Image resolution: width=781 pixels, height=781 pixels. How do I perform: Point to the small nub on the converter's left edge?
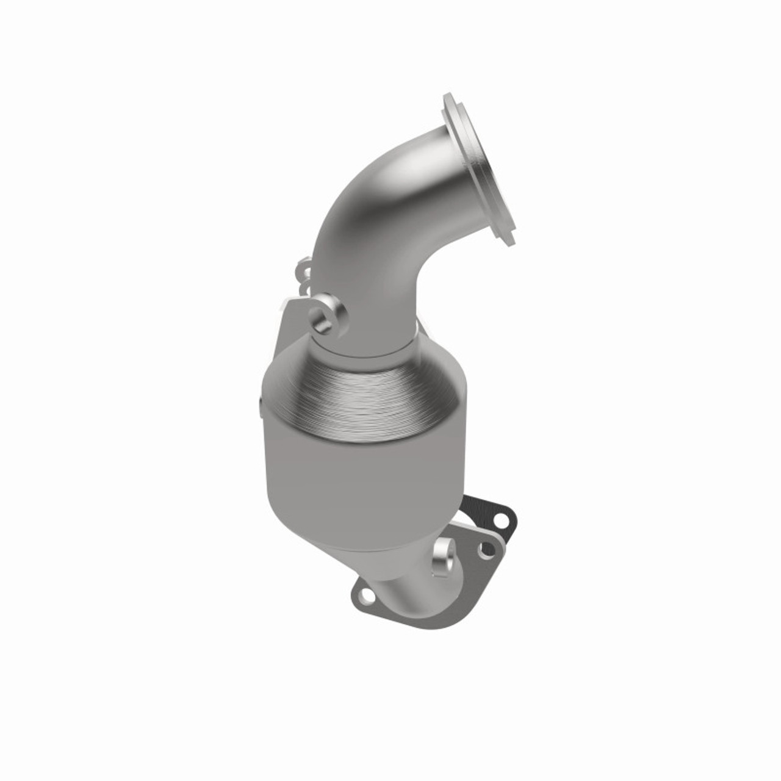[259, 406]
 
